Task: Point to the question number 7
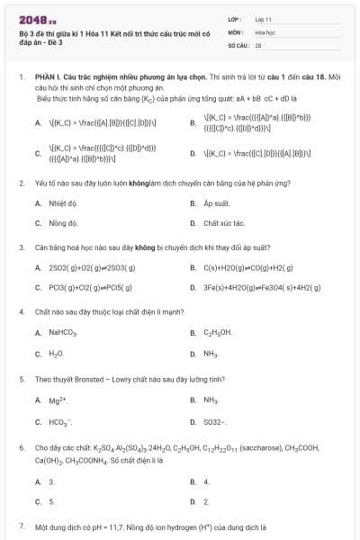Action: coord(21,525)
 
